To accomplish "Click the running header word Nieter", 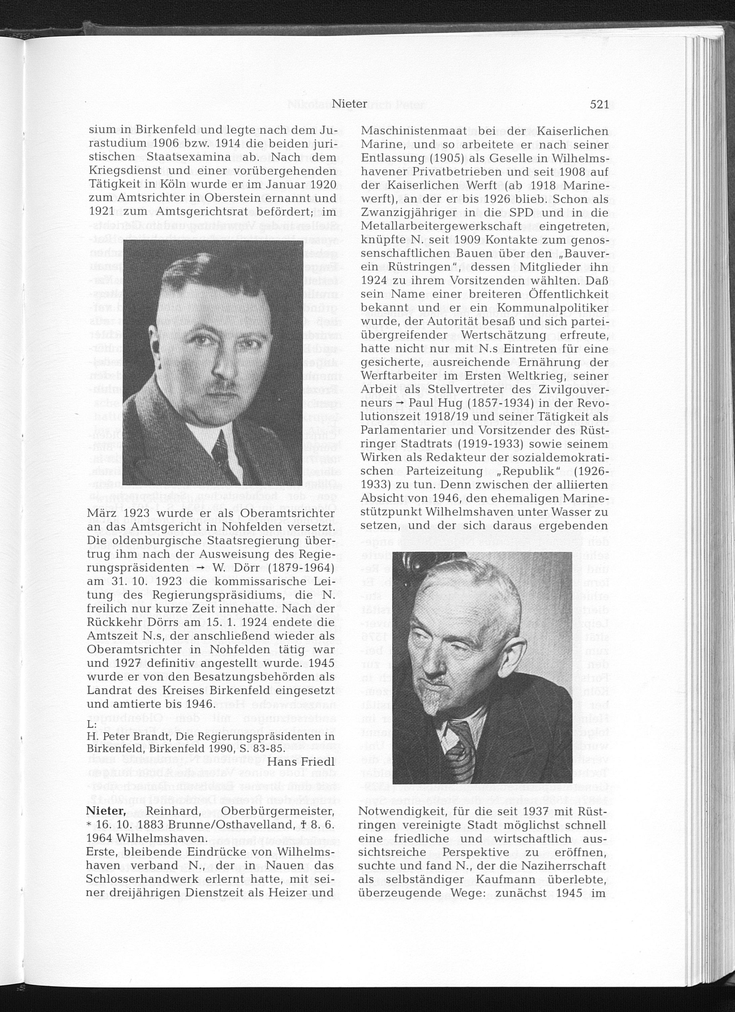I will pyautogui.click(x=350, y=104).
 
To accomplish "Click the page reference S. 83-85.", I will pyautogui.click(x=270, y=748).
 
